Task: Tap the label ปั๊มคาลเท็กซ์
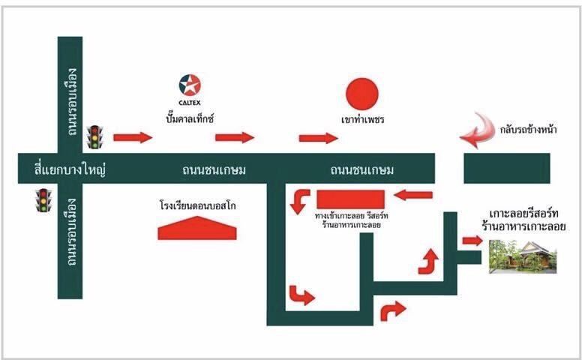[190, 118]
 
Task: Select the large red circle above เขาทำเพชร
[361, 94]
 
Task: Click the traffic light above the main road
[94, 137]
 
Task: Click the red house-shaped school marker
[197, 228]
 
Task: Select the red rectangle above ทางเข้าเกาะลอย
[350, 199]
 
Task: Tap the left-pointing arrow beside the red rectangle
[413, 196]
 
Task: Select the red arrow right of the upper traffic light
[132, 137]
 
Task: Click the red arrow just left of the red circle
[318, 137]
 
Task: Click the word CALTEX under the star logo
[190, 103]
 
